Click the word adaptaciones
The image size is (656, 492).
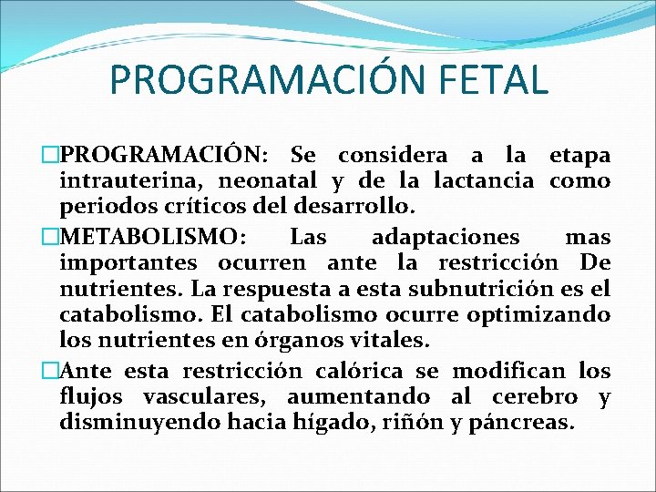(446, 238)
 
